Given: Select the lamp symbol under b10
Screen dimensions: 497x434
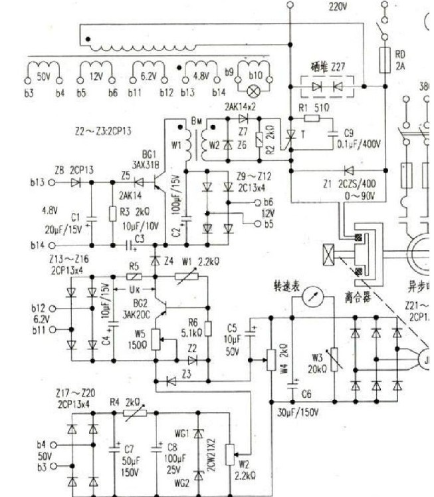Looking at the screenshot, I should (x=253, y=88).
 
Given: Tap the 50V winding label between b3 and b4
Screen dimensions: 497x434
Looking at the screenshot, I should (x=41, y=77).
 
